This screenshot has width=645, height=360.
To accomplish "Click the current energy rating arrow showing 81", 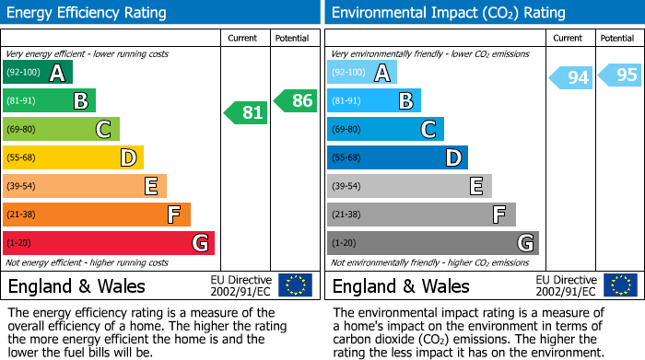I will pyautogui.click(x=246, y=112).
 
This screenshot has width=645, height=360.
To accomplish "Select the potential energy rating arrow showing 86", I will pyautogui.click(x=296, y=100).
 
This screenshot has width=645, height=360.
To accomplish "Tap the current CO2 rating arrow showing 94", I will pyautogui.click(x=570, y=77).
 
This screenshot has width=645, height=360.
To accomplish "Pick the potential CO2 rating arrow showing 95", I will pyautogui.click(x=620, y=75).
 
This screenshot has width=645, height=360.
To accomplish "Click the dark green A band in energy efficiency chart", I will pyautogui.click(x=38, y=73).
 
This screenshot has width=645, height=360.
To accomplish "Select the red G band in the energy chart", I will pyautogui.click(x=108, y=243).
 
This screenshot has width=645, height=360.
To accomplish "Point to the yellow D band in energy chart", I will pyautogui.click(x=73, y=157).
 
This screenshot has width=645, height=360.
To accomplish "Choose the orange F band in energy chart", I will pyautogui.click(x=96, y=215).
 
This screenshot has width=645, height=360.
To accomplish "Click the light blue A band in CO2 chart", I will pyautogui.click(x=362, y=73).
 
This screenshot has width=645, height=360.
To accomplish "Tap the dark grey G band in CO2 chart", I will pyautogui.click(x=432, y=243).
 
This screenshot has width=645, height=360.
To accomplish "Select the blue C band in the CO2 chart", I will pyautogui.click(x=385, y=129).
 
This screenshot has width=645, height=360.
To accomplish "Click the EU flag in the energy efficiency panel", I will pyautogui.click(x=295, y=285).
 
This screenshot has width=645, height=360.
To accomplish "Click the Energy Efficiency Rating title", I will pyautogui.click(x=88, y=13).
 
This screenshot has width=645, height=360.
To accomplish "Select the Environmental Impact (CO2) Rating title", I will pyautogui.click(x=448, y=13).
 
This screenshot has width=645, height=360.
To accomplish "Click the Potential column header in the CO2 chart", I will pyautogui.click(x=617, y=38).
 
